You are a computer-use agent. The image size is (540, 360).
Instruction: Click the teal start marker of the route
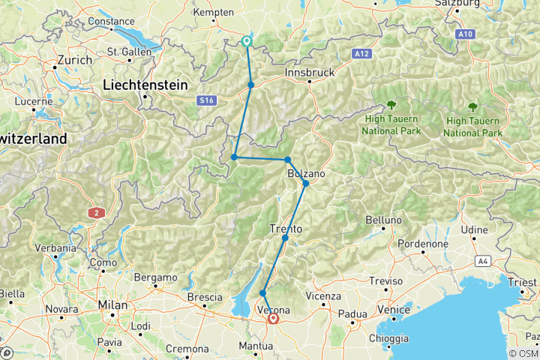pyautogui.click(x=247, y=41)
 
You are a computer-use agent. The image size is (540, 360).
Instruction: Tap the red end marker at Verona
pyautogui.click(x=273, y=319)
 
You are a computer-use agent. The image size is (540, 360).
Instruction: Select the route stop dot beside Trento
pyautogui.click(x=285, y=238)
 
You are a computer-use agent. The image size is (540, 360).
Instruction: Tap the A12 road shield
pyautogui.click(x=363, y=53)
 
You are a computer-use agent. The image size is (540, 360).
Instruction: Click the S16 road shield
pyautogui.click(x=208, y=100)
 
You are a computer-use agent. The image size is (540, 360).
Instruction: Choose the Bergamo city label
pyautogui.click(x=154, y=277)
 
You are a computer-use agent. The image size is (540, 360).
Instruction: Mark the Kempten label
pyautogui.click(x=214, y=13)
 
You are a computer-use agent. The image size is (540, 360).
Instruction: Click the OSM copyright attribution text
pyautogui.click(x=523, y=354)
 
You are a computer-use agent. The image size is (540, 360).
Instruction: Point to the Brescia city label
pyautogui.click(x=205, y=298)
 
